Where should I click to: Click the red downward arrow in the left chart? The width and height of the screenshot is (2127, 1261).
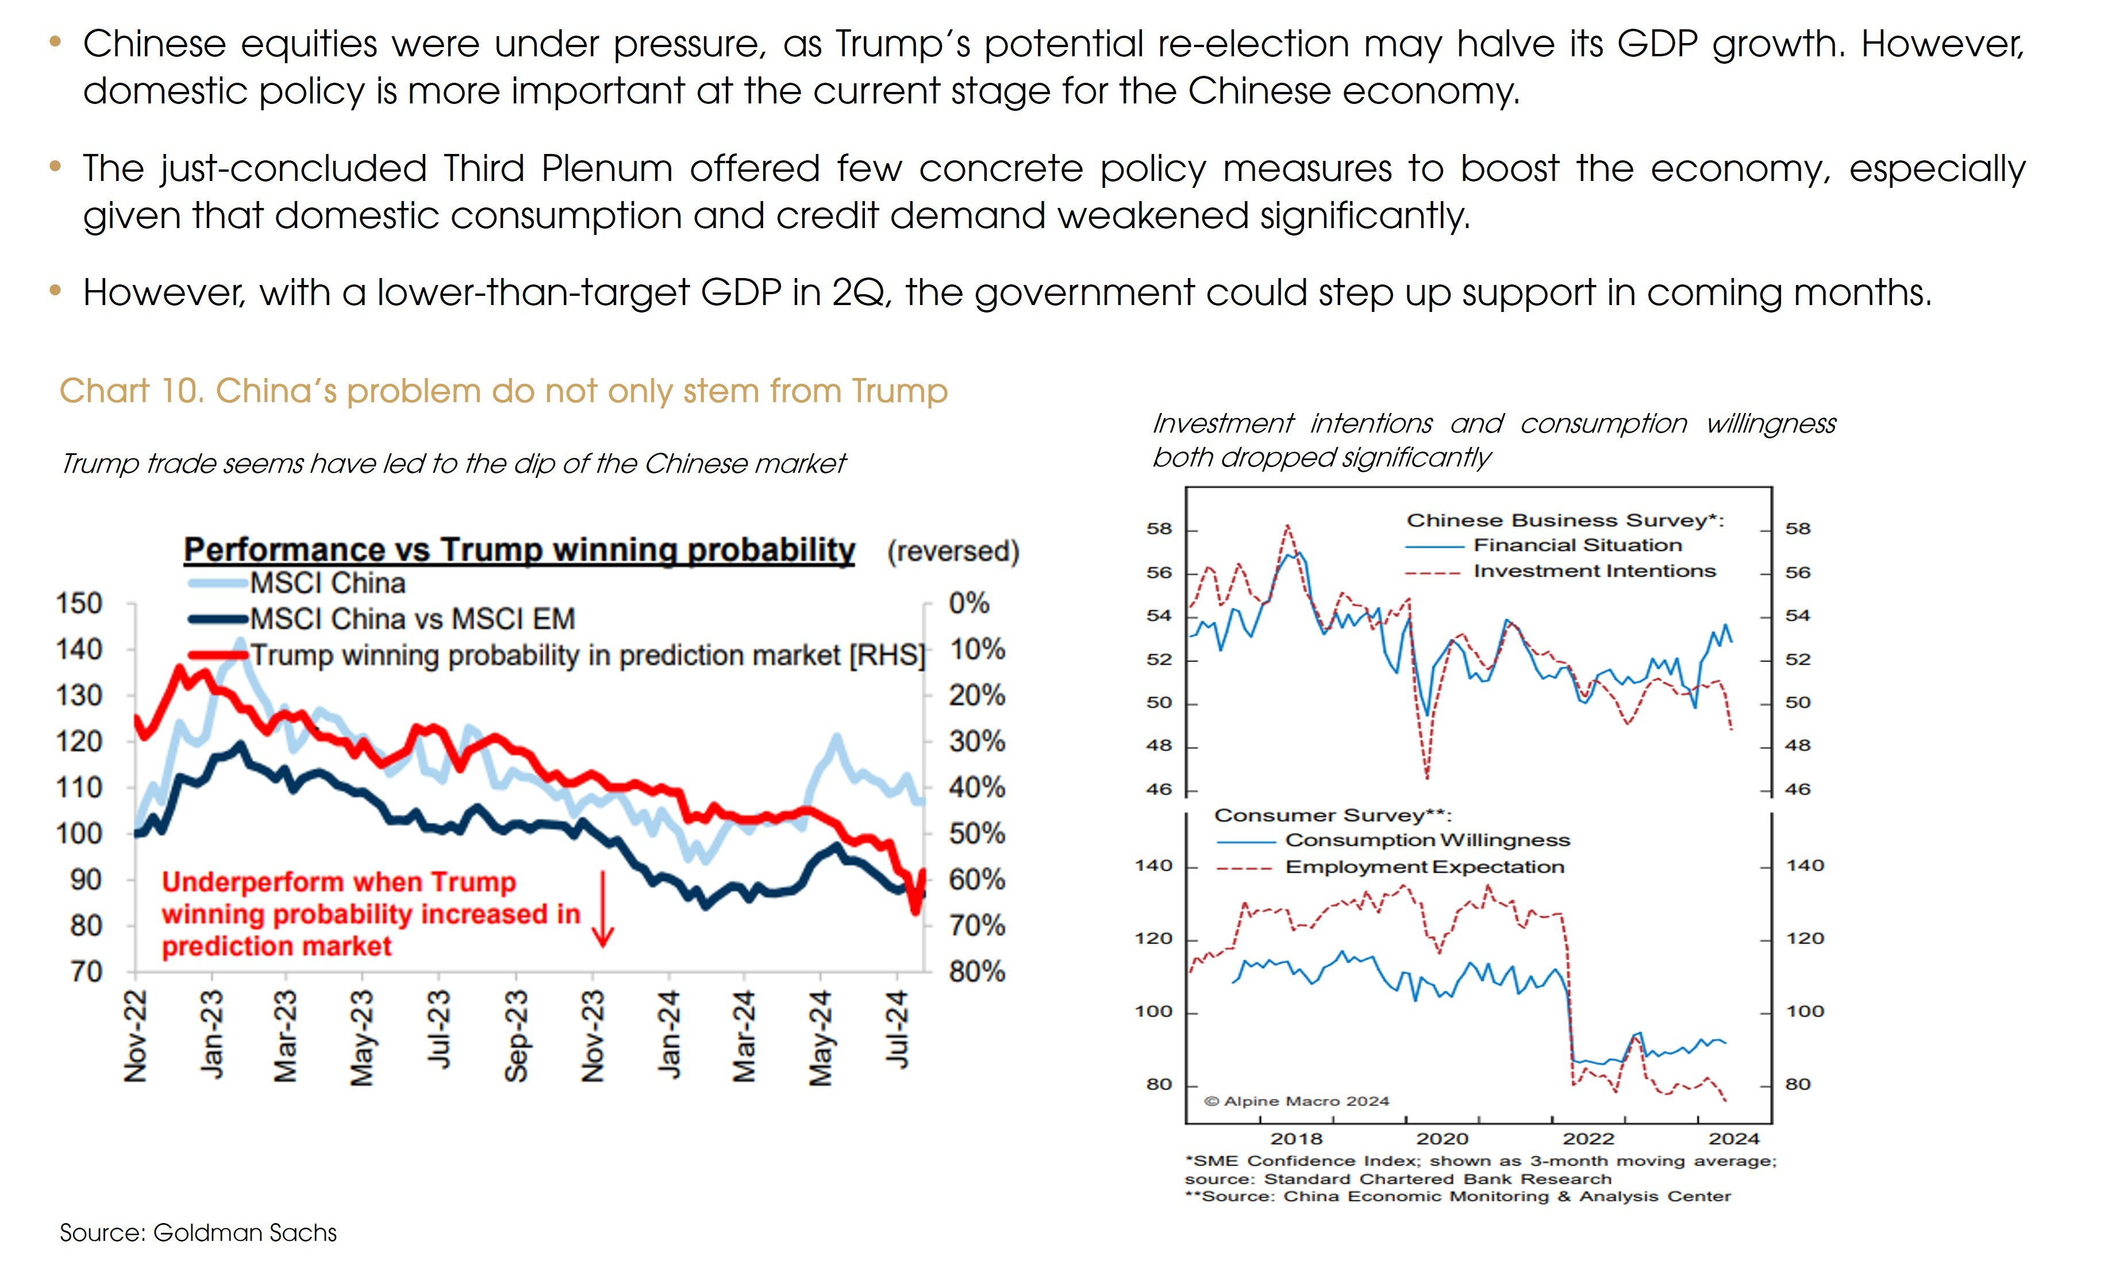pos(602,909)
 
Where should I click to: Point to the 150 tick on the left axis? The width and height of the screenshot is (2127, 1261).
pos(79,603)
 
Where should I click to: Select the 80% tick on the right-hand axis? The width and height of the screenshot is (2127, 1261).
pos(976,971)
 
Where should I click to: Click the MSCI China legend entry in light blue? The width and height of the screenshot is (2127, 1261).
pos(327,584)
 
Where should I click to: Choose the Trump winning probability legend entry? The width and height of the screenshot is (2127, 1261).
pos(586,655)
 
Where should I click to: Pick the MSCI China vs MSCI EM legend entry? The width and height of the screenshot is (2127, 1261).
pos(412,619)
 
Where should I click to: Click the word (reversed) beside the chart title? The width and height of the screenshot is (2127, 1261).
pos(953,552)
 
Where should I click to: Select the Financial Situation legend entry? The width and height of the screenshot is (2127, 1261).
pos(1576,545)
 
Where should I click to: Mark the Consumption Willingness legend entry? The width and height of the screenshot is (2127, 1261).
pos(1427,840)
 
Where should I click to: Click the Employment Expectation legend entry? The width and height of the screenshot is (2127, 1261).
pos(1424,867)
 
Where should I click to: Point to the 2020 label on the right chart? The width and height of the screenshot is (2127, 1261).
pos(1442,1139)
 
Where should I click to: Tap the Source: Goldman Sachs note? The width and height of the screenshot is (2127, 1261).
pos(198,1232)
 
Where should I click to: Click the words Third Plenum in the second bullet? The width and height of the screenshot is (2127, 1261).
pos(557,168)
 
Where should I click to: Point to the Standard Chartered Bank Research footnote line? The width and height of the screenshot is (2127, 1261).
pos(1398,1179)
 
